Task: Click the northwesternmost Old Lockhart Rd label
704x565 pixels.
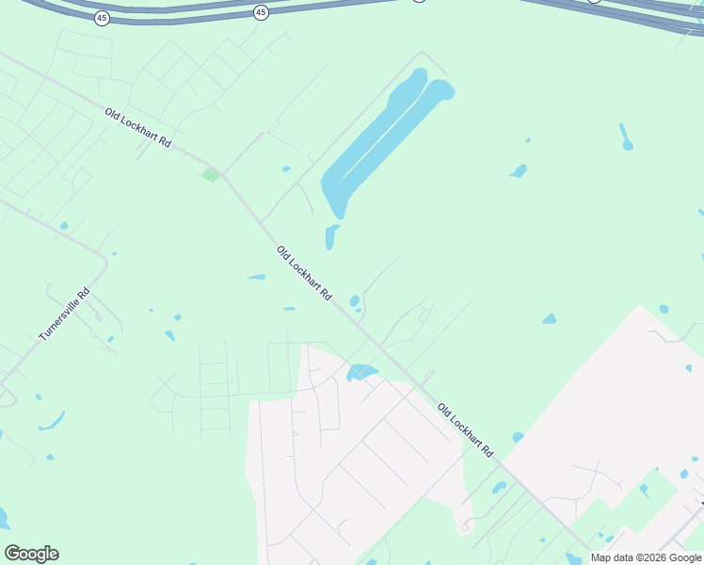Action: [x=137, y=128]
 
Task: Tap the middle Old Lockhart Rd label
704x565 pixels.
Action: [x=304, y=273]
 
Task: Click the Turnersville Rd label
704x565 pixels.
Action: [x=64, y=314]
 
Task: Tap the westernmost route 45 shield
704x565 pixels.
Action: [x=102, y=18]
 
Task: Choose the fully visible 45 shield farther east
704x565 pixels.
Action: [x=261, y=12]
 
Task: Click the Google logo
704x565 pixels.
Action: [x=31, y=554]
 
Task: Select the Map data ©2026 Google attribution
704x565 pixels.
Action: [x=646, y=557]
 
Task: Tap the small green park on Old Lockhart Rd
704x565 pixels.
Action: [x=211, y=174]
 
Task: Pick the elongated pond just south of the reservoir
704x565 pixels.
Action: [x=330, y=236]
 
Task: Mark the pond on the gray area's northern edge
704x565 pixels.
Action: [x=361, y=373]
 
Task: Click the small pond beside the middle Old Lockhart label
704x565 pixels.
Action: [x=355, y=301]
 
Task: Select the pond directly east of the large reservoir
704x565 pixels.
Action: [x=518, y=171]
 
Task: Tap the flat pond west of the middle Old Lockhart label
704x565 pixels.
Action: [x=256, y=277]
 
